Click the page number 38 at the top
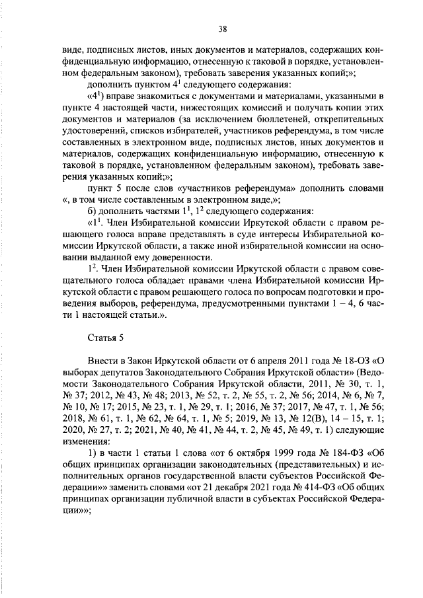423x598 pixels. [223, 28]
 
